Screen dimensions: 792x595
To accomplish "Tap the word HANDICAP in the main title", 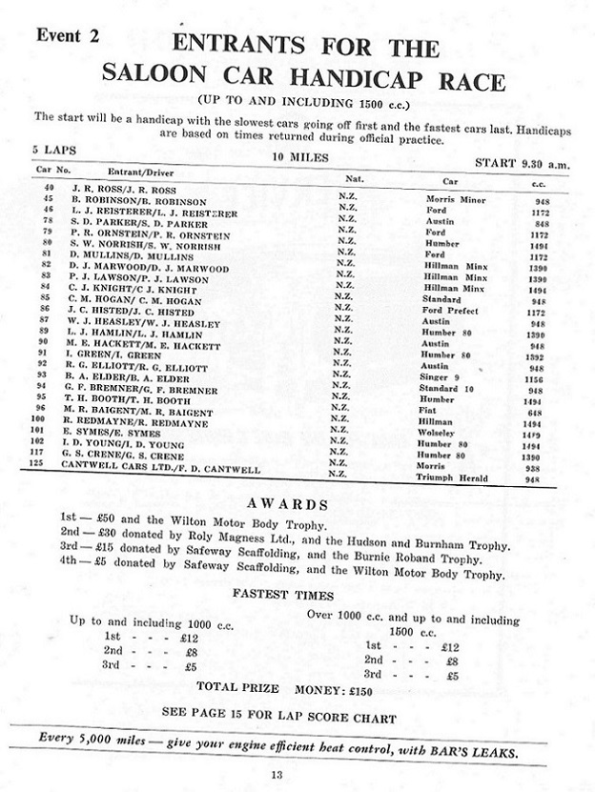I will click(x=374, y=81).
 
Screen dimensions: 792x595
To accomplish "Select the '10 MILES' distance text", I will click(x=299, y=156).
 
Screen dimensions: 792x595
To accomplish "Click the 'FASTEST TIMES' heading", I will click(x=281, y=595).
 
